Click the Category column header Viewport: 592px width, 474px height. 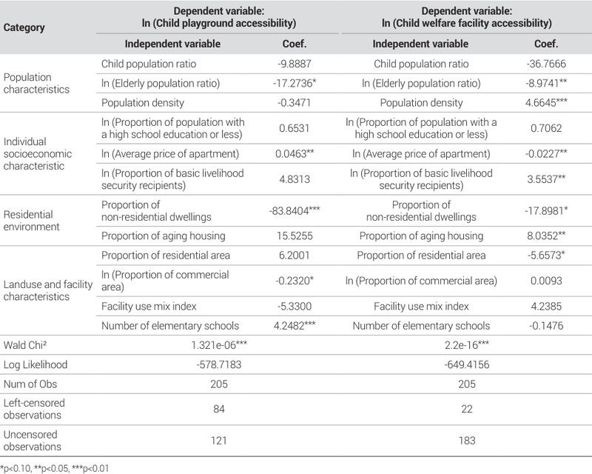point(24,27)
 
